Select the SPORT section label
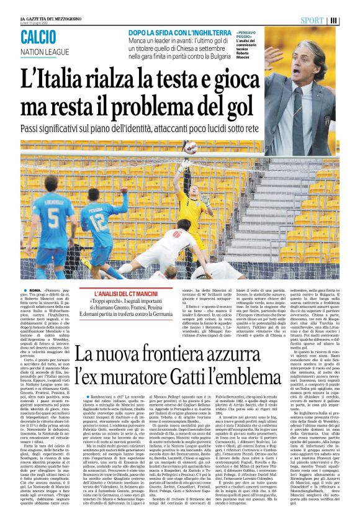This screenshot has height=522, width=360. tap(312, 20)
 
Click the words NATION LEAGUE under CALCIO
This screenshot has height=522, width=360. tap(45, 51)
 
